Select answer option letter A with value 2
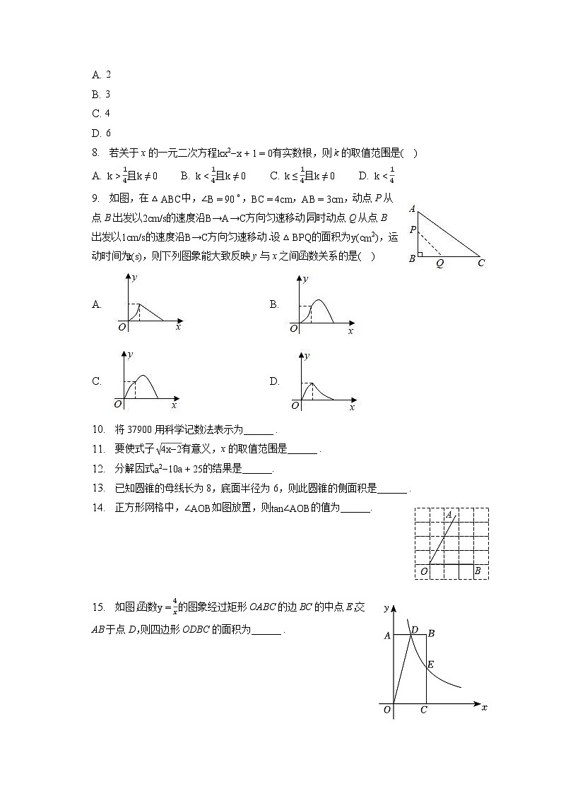point(95,74)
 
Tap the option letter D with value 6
point(95,133)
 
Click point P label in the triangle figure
point(412,230)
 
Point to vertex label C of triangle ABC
point(480,263)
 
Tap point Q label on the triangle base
point(439,263)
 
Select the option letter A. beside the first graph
point(97,304)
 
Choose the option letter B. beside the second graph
point(275,304)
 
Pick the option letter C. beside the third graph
point(97,381)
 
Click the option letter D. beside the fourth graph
point(275,381)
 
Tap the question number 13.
point(98,487)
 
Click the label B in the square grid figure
point(478,571)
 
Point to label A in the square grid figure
point(449,515)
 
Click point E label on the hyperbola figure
point(431,664)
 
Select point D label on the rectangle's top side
point(414,629)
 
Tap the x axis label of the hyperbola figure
point(484,707)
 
